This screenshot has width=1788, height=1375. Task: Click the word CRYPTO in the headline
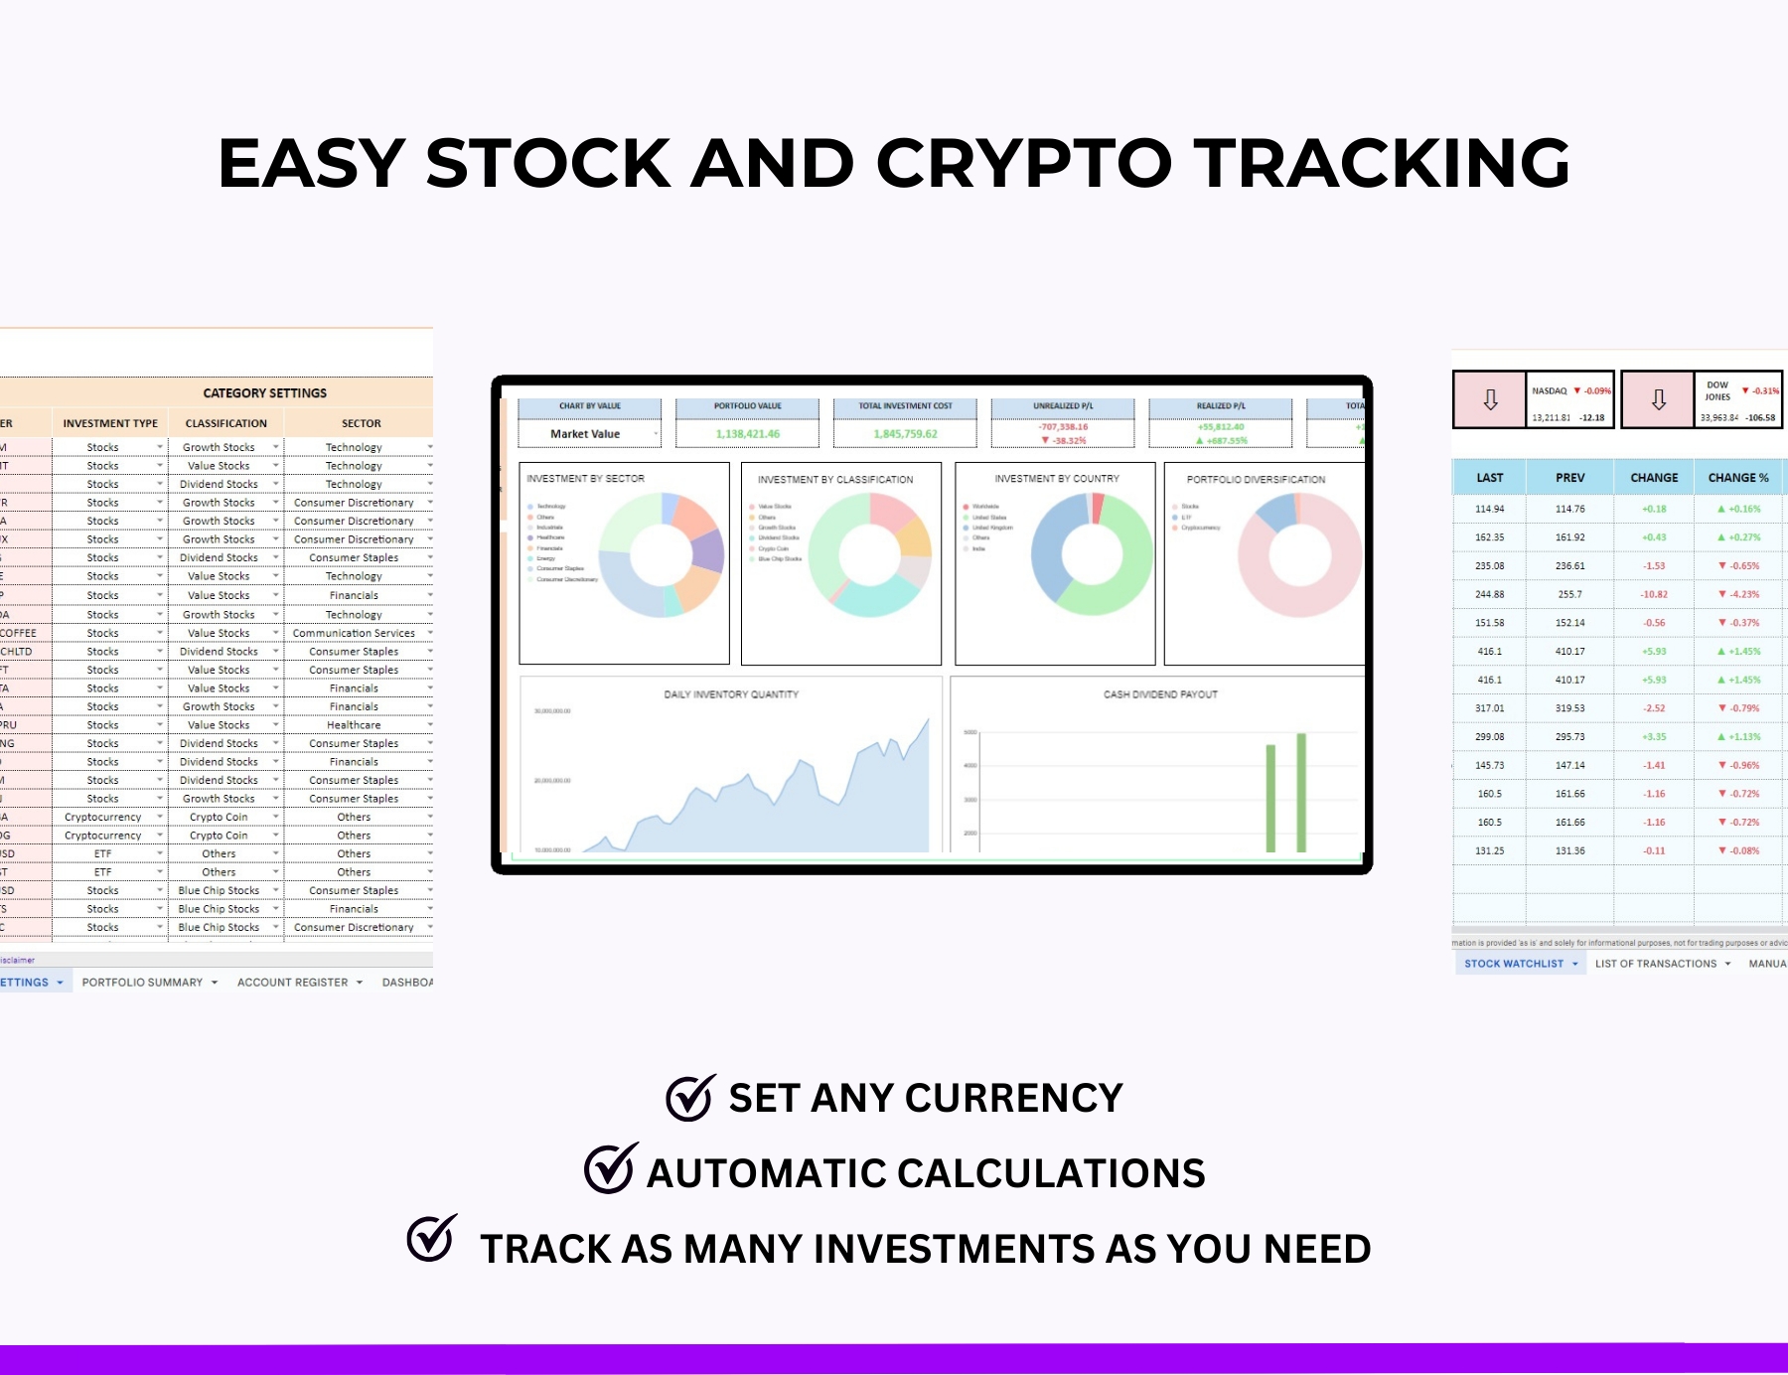coord(1023,163)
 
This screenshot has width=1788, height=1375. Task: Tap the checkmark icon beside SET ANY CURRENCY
coord(689,1098)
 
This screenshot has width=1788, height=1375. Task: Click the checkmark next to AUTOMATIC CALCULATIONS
coord(609,1169)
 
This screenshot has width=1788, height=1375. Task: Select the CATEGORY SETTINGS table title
coord(264,393)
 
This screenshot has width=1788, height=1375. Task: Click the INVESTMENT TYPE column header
coord(110,423)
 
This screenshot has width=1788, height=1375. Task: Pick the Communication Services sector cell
coord(354,633)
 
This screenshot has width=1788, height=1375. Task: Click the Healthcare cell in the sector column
coord(354,725)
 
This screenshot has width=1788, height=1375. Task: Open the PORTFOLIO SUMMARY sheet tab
coord(142,983)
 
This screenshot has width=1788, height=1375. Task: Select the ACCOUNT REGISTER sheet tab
coord(293,983)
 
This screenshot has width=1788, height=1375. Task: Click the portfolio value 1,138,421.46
coord(748,434)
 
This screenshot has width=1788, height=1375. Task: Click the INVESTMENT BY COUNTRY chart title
coord(1057,479)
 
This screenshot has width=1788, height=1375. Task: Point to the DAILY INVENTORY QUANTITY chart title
coord(731,694)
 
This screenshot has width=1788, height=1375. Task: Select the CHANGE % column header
coord(1738,478)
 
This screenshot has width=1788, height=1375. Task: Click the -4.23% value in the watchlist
coord(1739,594)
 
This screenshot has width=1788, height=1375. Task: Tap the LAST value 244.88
coord(1489,594)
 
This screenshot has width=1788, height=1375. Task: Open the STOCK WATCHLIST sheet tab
coord(1514,964)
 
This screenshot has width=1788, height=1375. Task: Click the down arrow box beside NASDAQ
coord(1490,399)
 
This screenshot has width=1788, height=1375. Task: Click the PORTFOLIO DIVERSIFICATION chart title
coord(1256,479)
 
